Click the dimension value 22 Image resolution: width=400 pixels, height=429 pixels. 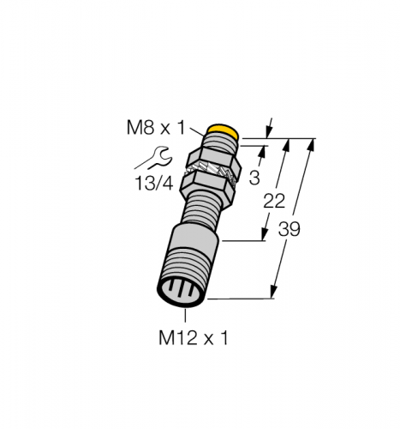273,202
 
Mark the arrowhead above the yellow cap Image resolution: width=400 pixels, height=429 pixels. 269,130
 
